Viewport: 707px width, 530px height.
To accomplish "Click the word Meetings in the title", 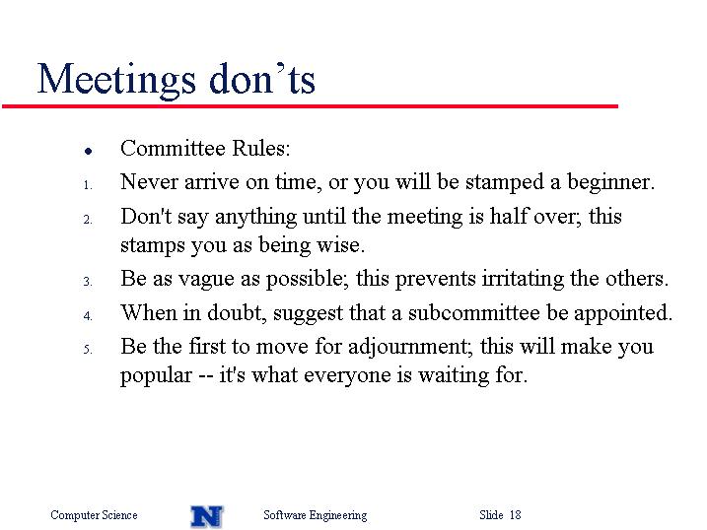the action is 116,81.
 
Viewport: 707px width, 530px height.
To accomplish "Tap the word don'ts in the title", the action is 262,79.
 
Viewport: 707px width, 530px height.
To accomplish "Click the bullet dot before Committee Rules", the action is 89,152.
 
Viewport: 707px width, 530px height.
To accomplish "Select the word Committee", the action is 173,148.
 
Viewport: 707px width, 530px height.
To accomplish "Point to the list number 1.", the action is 88,185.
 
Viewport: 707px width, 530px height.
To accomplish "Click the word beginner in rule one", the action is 610,183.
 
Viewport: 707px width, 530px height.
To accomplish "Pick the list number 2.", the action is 88,220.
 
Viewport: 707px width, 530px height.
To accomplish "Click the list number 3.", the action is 88,282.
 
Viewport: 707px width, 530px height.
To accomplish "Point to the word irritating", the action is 523,278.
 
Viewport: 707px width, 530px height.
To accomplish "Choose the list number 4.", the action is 88,316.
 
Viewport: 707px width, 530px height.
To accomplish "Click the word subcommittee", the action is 474,312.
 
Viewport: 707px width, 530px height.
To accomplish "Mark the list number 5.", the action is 88,350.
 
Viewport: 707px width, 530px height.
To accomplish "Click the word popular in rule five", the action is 156,376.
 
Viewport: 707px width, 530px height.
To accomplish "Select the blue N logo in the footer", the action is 207,516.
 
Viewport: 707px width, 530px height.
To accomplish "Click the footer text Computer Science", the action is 94,515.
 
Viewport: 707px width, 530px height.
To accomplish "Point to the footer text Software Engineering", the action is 316,515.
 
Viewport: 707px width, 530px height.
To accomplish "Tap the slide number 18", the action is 516,514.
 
